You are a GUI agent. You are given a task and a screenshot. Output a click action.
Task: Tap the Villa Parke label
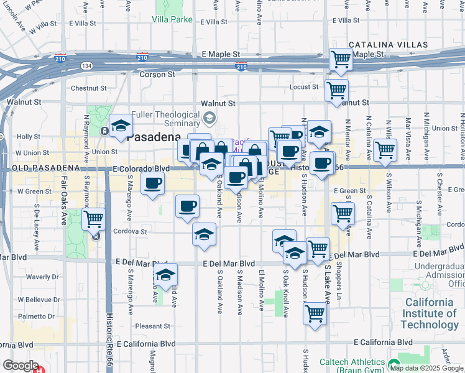point(172,19)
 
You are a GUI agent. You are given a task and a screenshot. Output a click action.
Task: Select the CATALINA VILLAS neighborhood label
point(388,45)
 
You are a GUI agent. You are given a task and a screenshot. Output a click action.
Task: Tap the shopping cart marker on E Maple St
point(341,60)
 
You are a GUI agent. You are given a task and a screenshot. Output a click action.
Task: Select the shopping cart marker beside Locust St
point(336,90)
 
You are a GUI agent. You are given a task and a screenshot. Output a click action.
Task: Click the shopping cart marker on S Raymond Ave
point(93,218)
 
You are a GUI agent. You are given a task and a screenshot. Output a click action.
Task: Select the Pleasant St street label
point(153,326)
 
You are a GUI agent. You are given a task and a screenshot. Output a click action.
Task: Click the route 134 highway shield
point(86,65)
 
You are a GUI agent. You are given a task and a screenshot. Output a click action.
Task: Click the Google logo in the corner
point(21,366)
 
